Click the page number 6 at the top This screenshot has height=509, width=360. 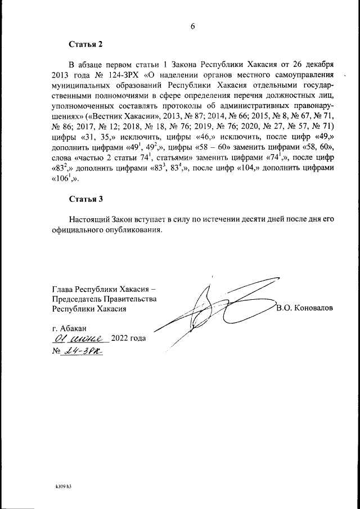pyautogui.click(x=192, y=26)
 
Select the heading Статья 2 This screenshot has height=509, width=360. pyautogui.click(x=85, y=44)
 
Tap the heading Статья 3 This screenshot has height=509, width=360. pyautogui.click(x=85, y=199)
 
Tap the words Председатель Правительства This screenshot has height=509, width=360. pyautogui.click(x=103, y=299)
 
